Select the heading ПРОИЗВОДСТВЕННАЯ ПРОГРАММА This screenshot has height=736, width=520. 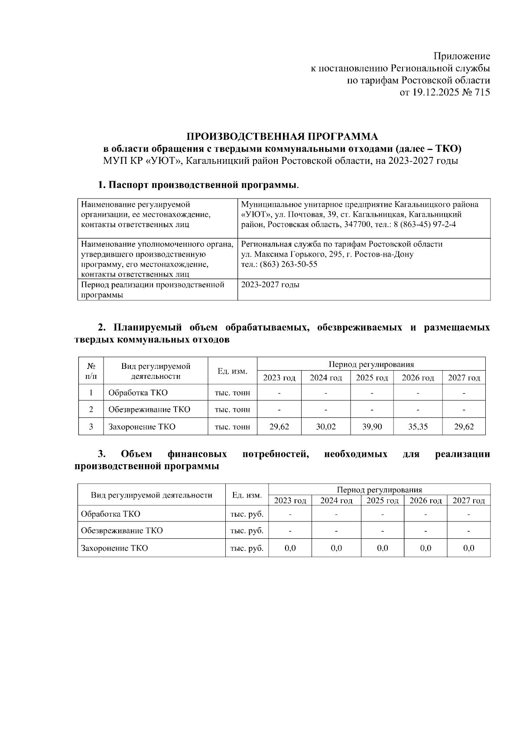point(282,137)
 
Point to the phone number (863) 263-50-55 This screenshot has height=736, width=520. point(288,264)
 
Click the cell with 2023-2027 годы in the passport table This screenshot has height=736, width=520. point(270,285)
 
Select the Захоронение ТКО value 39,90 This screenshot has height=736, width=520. point(372,427)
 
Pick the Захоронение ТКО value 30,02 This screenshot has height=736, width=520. point(325,427)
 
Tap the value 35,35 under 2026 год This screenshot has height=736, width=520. point(418,427)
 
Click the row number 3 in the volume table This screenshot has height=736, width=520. point(91,427)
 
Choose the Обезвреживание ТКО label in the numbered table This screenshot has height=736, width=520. point(149,410)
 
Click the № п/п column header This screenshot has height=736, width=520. point(91,371)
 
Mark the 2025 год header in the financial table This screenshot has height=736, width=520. point(382,501)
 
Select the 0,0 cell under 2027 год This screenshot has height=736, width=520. point(468,548)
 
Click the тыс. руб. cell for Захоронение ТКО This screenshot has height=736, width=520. point(247,548)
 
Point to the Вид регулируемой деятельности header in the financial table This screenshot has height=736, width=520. point(152,495)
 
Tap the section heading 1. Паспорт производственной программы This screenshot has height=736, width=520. point(198,186)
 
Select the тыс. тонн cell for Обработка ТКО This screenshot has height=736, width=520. point(232,393)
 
